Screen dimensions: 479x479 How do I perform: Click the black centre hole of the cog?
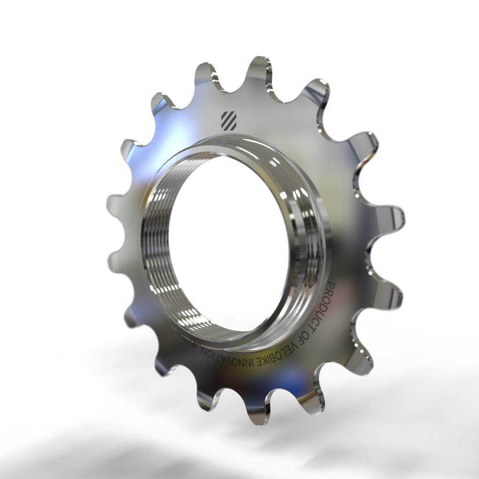tap(229, 243)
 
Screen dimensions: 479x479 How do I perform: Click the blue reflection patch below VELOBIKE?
tap(285, 374)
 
